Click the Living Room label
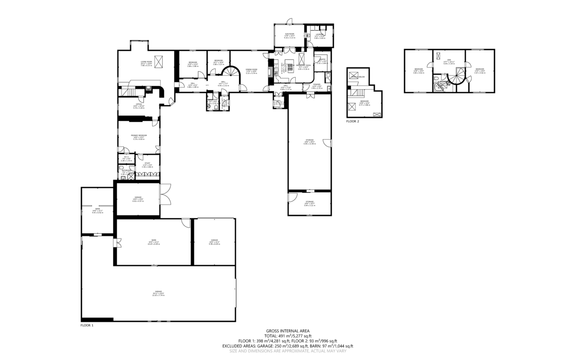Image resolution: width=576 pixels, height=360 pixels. click(x=146, y=62)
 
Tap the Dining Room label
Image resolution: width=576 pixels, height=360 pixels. click(x=252, y=70)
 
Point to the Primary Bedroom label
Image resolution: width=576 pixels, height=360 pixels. click(x=139, y=135)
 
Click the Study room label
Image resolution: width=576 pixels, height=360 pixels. click(x=147, y=163)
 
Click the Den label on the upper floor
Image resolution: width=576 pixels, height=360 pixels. click(x=449, y=60)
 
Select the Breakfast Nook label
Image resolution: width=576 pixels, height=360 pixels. click(x=304, y=65)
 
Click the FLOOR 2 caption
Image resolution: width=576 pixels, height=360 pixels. click(x=352, y=121)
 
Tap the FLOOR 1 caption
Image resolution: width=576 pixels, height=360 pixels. click(x=87, y=325)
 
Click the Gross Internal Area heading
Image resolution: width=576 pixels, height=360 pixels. click(x=288, y=331)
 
